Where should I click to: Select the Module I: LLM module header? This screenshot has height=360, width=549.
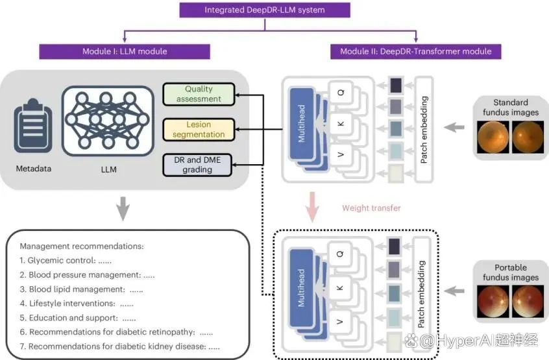tap(125, 51)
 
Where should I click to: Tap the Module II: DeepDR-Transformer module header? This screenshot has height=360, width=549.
tap(415, 51)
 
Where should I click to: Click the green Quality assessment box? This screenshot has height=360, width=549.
tap(199, 94)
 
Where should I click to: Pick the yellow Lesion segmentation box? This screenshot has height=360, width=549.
tap(199, 130)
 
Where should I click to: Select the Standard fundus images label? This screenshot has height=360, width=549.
tap(510, 106)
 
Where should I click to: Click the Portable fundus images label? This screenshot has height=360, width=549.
tap(510, 272)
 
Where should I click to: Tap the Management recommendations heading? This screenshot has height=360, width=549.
tap(82, 246)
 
